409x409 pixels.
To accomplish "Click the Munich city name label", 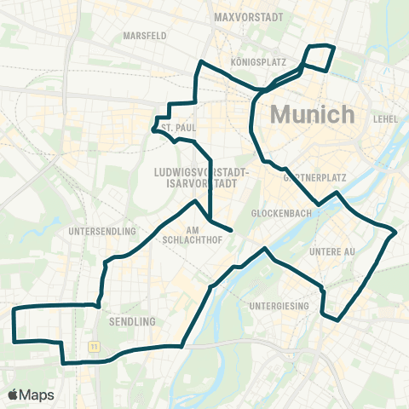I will [312, 114].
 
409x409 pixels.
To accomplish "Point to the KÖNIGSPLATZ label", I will [257, 63].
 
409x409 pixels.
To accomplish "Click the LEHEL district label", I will [386, 118].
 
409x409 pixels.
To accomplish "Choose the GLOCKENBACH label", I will [277, 213].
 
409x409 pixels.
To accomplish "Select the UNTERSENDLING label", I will [101, 231].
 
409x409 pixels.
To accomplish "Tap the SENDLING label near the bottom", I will [133, 321].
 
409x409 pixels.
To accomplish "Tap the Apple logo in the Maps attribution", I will [14, 395].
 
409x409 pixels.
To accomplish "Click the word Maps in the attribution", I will [37, 395].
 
